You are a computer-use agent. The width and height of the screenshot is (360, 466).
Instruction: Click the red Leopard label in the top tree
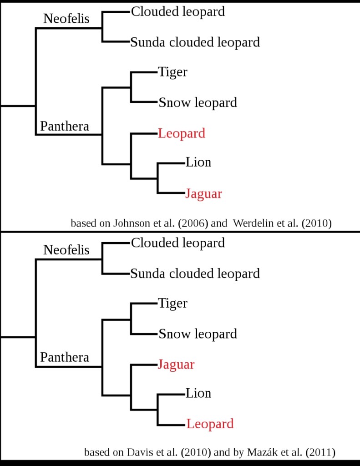[x=182, y=133]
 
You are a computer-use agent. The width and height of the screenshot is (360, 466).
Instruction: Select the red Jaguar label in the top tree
[x=203, y=194]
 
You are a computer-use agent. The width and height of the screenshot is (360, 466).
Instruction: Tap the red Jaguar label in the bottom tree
[x=176, y=365]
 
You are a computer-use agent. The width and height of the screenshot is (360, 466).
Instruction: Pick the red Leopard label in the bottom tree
[x=210, y=424]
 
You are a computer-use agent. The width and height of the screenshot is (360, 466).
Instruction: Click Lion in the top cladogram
[x=198, y=162]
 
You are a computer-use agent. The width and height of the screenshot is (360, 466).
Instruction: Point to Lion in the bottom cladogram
[x=198, y=393]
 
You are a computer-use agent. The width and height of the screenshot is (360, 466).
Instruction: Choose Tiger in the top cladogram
[x=172, y=72]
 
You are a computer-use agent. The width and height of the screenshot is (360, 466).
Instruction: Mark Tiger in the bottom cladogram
[x=172, y=304]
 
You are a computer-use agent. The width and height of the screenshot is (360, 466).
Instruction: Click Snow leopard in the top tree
[x=198, y=102]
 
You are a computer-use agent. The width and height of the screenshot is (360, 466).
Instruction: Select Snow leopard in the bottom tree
[x=198, y=334]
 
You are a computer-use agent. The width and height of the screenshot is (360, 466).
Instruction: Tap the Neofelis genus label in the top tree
[x=66, y=19]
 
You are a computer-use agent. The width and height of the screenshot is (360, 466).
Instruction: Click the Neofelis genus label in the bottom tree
[x=66, y=250]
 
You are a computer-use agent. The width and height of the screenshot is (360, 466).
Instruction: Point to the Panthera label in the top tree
[x=65, y=126]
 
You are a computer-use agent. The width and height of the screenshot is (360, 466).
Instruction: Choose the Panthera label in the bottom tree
[x=65, y=357]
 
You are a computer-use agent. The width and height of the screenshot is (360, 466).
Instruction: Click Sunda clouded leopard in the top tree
[x=195, y=42]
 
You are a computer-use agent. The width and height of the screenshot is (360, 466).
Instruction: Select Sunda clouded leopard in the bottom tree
[x=195, y=274]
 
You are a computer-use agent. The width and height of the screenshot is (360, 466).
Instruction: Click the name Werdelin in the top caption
[x=253, y=223]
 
